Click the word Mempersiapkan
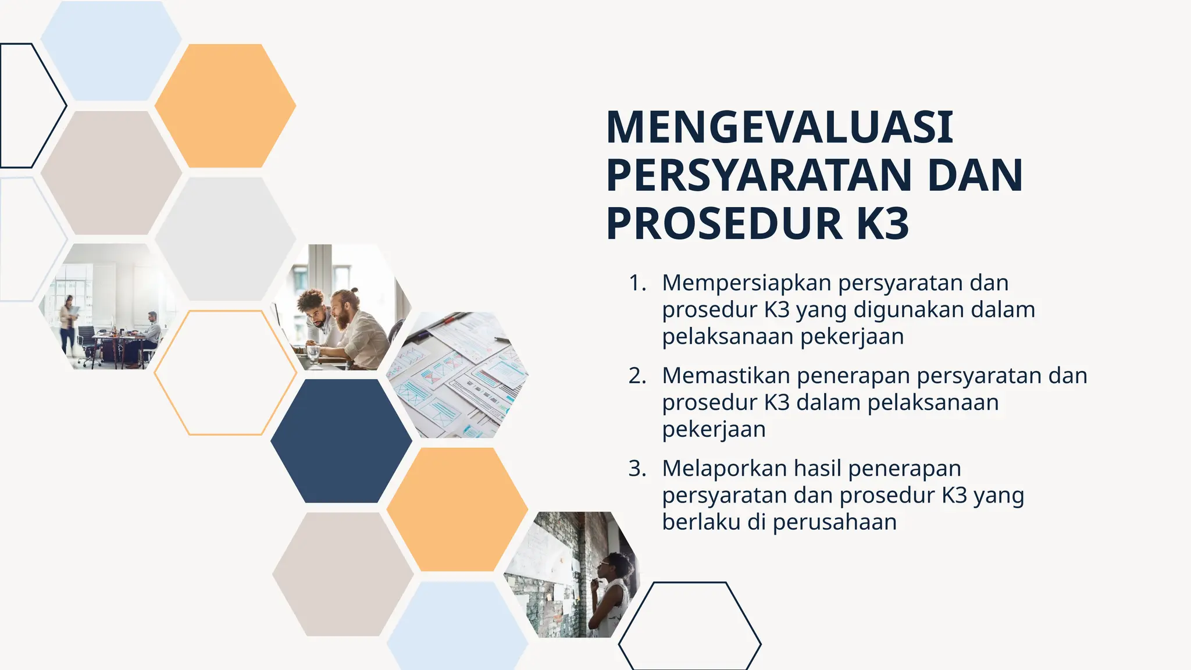tap(747, 284)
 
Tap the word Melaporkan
tap(724, 469)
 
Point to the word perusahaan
tap(835, 522)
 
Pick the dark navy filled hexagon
tap(341, 441)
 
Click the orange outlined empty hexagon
tap(225, 373)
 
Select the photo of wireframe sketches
tap(458, 375)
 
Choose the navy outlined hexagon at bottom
tap(690, 626)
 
